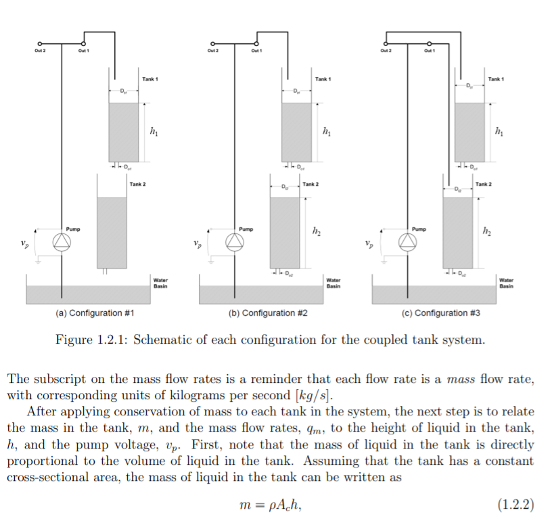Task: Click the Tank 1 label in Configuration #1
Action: point(150,79)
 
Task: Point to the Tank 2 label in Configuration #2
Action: point(310,184)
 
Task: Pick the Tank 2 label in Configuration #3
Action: point(484,184)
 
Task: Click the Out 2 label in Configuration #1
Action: point(39,51)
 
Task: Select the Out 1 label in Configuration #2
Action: point(256,51)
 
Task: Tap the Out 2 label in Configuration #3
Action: point(385,51)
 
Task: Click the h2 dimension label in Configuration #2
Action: point(317,232)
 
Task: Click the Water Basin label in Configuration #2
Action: point(333,283)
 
